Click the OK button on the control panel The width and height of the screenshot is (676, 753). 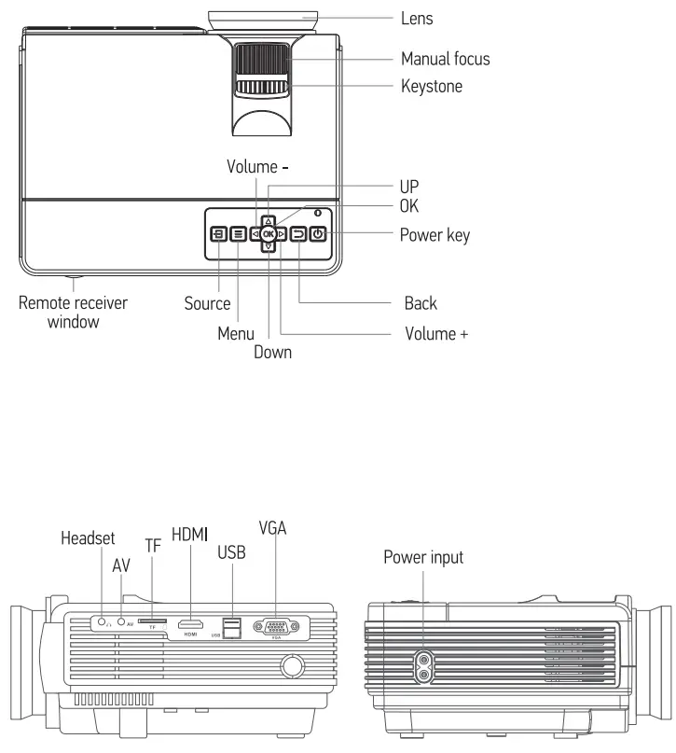pyautogui.click(x=268, y=234)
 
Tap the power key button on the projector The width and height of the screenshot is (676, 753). pyautogui.click(x=319, y=234)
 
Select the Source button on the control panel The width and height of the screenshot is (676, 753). pyautogui.click(x=217, y=234)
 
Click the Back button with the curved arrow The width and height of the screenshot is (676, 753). pyautogui.click(x=298, y=234)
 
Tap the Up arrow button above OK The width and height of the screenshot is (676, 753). pyautogui.click(x=268, y=221)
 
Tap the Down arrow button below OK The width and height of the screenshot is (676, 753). pyautogui.click(x=268, y=247)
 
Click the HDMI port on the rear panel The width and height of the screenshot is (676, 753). pyautogui.click(x=191, y=622)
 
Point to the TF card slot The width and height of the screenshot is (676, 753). pyautogui.click(x=152, y=620)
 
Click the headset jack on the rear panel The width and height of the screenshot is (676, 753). pyautogui.click(x=100, y=620)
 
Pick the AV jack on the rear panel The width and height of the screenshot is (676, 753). pyautogui.click(x=120, y=620)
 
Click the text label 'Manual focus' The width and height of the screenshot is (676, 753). pyautogui.click(x=445, y=59)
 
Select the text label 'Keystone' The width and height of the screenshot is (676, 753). pyautogui.click(x=432, y=86)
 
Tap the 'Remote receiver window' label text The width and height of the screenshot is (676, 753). pyautogui.click(x=74, y=313)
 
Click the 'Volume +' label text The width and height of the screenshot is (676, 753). pyautogui.click(x=435, y=333)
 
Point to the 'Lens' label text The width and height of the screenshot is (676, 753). pyautogui.click(x=417, y=18)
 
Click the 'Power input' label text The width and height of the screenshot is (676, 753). pyautogui.click(x=423, y=558)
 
